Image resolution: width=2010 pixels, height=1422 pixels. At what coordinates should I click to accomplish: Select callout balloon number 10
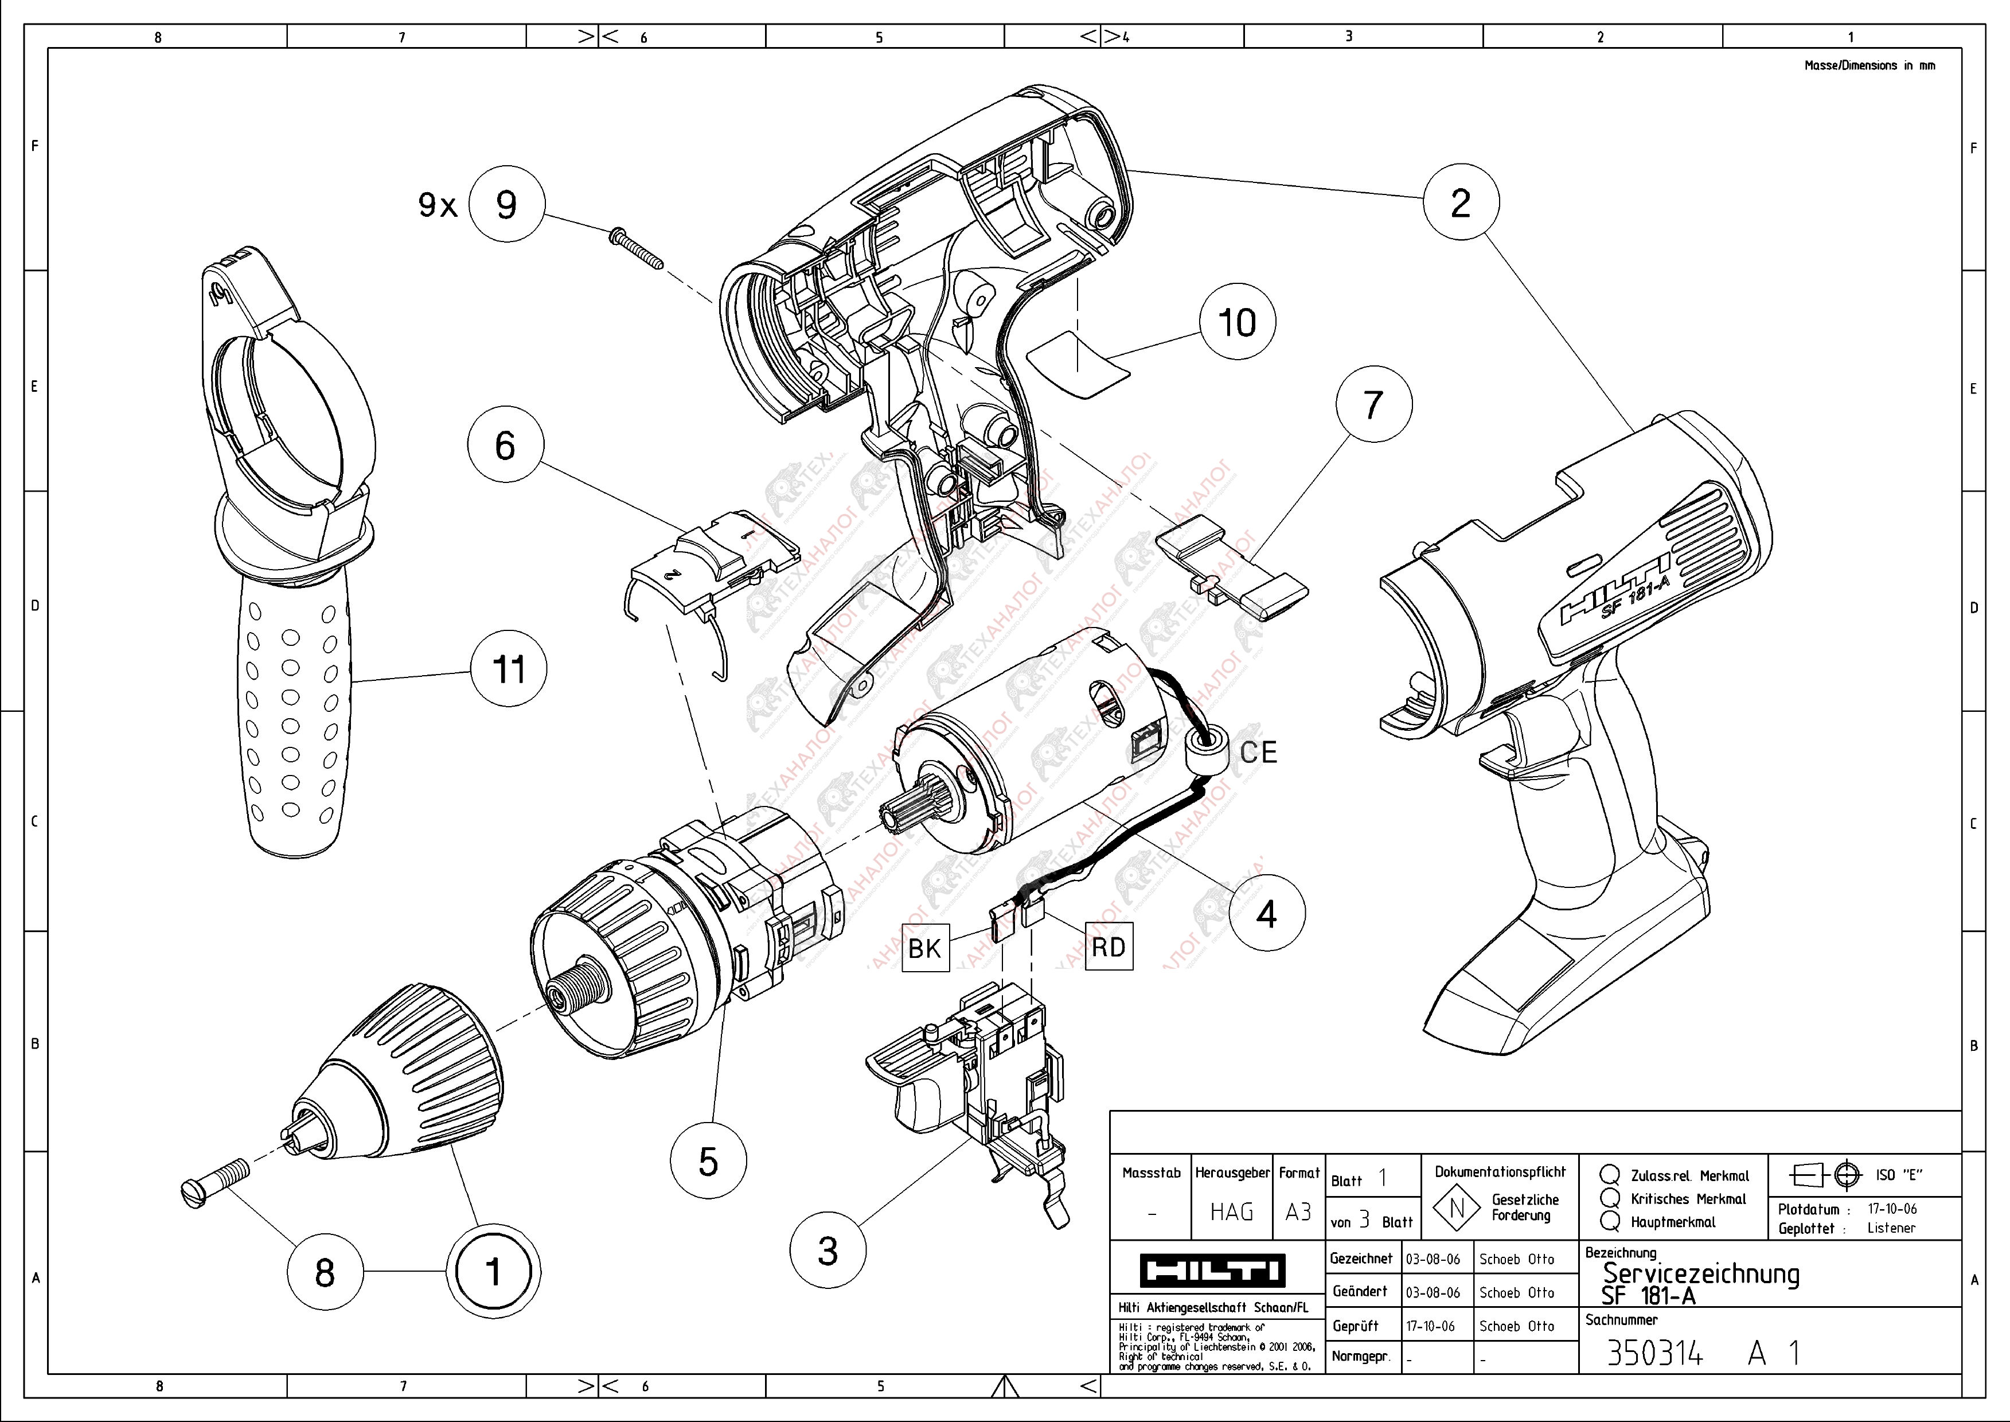point(1237,322)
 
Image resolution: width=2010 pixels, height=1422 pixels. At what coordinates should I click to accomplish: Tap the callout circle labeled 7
point(1373,404)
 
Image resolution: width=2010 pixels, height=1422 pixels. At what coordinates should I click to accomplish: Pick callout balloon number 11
point(509,670)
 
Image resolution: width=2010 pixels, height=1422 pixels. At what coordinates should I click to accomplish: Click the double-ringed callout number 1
point(493,1271)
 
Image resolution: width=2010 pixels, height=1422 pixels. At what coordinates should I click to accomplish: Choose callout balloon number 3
point(828,1250)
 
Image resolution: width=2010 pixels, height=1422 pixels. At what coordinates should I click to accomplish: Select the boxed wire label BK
point(924,948)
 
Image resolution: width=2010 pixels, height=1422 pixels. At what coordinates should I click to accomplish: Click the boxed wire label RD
point(1109,946)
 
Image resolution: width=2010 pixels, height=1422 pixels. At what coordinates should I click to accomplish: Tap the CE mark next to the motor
point(1259,752)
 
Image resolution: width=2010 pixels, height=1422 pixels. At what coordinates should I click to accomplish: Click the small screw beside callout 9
point(635,249)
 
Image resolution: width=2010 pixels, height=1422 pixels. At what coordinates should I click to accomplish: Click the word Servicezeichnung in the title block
point(1700,1272)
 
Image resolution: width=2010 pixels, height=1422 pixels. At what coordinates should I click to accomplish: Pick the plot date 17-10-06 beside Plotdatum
point(1892,1209)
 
